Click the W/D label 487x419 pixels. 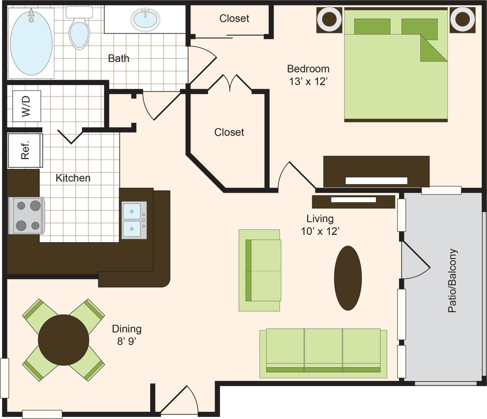coord(26,106)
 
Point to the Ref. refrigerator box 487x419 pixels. coord(25,151)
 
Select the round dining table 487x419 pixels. coord(64,340)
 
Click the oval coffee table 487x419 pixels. coord(348,278)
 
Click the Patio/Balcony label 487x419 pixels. coord(452,280)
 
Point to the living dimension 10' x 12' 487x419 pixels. coord(320,231)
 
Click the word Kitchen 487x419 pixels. coord(73,178)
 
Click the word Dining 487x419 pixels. coord(127,329)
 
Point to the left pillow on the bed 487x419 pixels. coord(372,26)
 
